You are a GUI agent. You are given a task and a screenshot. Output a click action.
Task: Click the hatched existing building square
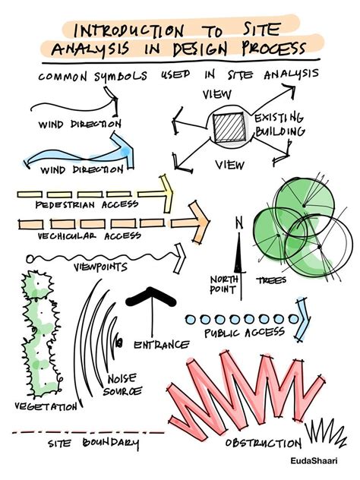pos(229,128)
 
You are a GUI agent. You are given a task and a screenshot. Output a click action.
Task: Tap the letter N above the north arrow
pos(239,223)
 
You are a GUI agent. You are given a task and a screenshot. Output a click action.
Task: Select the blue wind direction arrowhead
pos(124,150)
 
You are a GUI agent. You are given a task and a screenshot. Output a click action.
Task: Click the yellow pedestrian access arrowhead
pos(167,194)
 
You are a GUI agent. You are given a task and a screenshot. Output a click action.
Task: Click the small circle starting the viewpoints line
pos(30,259)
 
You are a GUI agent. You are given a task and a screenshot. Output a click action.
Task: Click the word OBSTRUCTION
pos(264,443)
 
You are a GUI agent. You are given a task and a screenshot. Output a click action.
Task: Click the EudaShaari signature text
pos(314,461)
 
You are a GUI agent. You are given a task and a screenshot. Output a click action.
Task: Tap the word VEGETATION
pos(46,406)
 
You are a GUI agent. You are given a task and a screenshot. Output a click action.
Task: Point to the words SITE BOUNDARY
pos(93,444)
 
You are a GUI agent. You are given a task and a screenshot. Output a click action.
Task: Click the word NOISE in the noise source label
pos(122,379)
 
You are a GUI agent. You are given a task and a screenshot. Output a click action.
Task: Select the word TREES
pos(271,280)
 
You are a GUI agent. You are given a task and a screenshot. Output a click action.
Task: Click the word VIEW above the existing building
pos(217,94)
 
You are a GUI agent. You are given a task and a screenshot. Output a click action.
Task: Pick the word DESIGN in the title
pos(200,49)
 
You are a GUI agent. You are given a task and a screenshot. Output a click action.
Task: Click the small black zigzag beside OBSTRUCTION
pos(325,431)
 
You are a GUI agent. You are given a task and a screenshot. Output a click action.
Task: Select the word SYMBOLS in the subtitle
pos(121,77)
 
